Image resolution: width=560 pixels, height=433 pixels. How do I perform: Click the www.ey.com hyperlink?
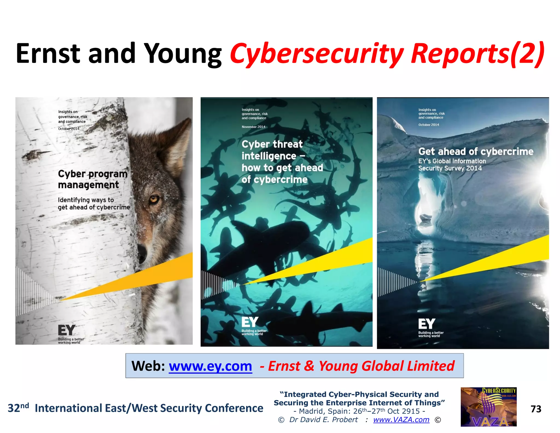pos(210,366)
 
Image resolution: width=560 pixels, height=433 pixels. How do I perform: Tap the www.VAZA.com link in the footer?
pos(401,420)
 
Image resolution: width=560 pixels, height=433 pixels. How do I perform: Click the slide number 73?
pos(536,409)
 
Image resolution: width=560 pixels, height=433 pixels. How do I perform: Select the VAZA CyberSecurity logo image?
pos(488,407)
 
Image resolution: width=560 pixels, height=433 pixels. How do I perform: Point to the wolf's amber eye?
pos(154,199)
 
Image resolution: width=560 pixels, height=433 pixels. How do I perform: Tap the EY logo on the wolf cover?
pos(66,330)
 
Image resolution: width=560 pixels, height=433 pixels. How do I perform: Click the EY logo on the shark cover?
pos(250,322)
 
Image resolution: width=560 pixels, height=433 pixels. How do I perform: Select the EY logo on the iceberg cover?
pos(426,324)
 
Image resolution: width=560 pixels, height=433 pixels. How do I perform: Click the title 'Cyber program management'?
pos(92,179)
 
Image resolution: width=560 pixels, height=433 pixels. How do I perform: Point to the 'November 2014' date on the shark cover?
pos(253,127)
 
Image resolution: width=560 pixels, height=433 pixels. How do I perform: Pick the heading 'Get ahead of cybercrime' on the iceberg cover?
pos(476,151)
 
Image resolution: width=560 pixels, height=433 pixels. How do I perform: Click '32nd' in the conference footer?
pos(18,408)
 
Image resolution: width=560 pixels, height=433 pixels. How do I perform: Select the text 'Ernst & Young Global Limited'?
pos(361,366)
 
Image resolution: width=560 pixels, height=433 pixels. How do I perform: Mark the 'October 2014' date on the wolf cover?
pos(69,129)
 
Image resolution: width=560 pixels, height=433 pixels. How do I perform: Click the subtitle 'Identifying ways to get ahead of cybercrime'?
pos(94,204)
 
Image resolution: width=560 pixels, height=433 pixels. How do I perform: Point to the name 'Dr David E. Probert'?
pos(323,420)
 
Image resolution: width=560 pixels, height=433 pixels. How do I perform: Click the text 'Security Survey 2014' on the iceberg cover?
pos(450,168)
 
